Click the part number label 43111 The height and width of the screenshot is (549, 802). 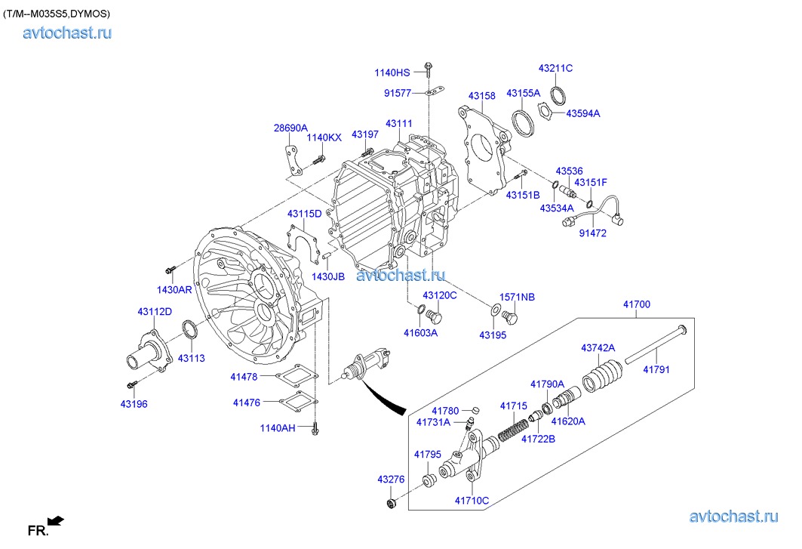coord(398,123)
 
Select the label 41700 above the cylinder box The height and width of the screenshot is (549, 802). coord(636,304)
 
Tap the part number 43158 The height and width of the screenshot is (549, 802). coord(481,96)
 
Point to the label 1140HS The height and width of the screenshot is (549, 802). coord(392,72)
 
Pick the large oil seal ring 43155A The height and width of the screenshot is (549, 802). coord(521,122)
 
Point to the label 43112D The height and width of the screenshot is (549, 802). coord(155,312)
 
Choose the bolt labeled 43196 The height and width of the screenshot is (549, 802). coord(131,385)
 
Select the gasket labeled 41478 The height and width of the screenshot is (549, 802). coord(293,375)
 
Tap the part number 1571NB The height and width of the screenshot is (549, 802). coord(517,298)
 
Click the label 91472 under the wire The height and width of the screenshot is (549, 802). coord(592,233)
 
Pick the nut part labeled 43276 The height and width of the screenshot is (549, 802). coord(392,503)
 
